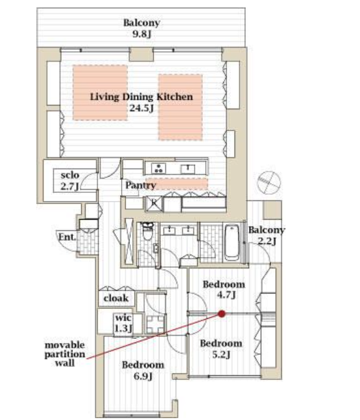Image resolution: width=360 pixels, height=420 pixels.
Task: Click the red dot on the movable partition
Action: [221, 313]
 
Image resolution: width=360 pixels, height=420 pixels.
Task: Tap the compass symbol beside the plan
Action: [269, 183]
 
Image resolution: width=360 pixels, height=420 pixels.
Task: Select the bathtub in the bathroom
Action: [231, 242]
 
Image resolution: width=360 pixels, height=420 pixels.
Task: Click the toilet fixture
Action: [147, 232]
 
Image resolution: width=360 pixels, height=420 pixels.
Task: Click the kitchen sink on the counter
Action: [188, 168]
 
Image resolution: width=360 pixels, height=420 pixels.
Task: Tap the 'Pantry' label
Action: [140, 185]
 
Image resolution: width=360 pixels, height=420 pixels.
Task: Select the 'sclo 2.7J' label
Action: [70, 181]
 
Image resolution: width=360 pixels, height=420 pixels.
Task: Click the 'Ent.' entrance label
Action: [67, 237]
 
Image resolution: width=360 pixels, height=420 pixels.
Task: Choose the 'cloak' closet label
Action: [116, 298]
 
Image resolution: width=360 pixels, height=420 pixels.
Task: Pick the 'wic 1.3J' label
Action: [123, 323]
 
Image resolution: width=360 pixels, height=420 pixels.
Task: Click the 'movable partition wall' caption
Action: [64, 354]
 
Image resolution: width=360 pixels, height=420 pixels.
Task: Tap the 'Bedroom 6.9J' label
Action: [143, 371]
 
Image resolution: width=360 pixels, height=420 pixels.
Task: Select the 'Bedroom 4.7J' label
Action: [224, 290]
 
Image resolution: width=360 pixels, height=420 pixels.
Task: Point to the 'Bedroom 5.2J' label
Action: [221, 349]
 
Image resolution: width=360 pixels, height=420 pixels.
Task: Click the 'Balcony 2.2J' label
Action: [266, 235]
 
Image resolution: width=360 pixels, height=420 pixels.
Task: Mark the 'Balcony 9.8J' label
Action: [142, 28]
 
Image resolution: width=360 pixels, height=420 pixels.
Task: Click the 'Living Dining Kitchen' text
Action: [141, 97]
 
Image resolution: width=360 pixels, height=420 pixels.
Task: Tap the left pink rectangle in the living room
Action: [100, 93]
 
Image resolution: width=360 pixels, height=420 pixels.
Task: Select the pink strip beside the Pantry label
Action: [177, 184]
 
